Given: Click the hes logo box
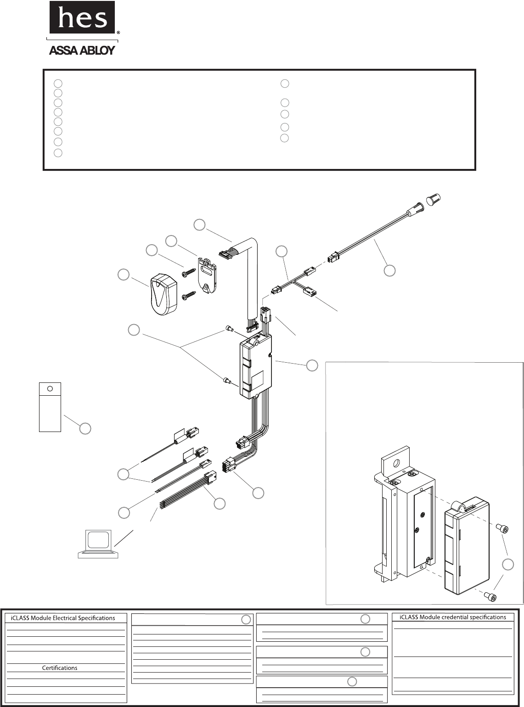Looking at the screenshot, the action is tap(82, 17).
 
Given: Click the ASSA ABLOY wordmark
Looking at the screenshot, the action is tap(82, 50).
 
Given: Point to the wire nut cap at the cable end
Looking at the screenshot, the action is tap(434, 199).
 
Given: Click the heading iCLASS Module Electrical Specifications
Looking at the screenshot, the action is tap(63, 618).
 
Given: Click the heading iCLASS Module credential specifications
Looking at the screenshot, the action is tap(452, 617).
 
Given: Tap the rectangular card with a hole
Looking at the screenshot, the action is tap(50, 407).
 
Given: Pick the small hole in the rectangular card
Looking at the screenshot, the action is tap(50, 388).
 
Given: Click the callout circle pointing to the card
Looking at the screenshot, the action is tap(85, 428).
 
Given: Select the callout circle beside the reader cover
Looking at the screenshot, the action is tap(124, 275).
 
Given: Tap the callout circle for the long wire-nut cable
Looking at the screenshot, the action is tap(389, 270).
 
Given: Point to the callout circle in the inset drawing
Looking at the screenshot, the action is tap(508, 565).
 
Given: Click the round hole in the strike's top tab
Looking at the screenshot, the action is tap(397, 462).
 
